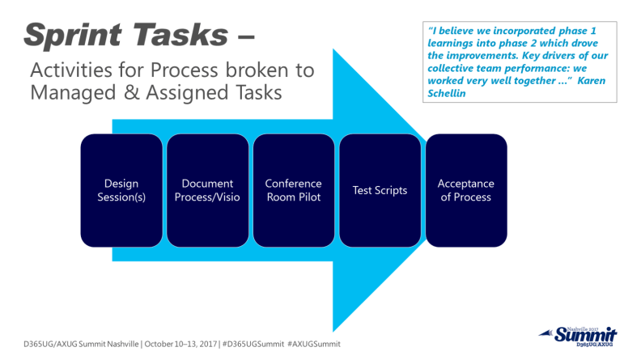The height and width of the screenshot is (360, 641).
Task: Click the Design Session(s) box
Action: (x=121, y=190)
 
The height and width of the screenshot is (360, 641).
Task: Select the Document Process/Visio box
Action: (x=207, y=190)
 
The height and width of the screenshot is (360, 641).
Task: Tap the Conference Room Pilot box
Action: (x=294, y=190)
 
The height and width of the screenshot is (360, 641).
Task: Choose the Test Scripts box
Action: (x=380, y=190)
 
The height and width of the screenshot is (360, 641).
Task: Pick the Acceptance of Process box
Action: (x=466, y=190)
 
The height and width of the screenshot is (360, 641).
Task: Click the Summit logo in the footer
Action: (x=582, y=335)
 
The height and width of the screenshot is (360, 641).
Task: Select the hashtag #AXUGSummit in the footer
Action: (x=313, y=344)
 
